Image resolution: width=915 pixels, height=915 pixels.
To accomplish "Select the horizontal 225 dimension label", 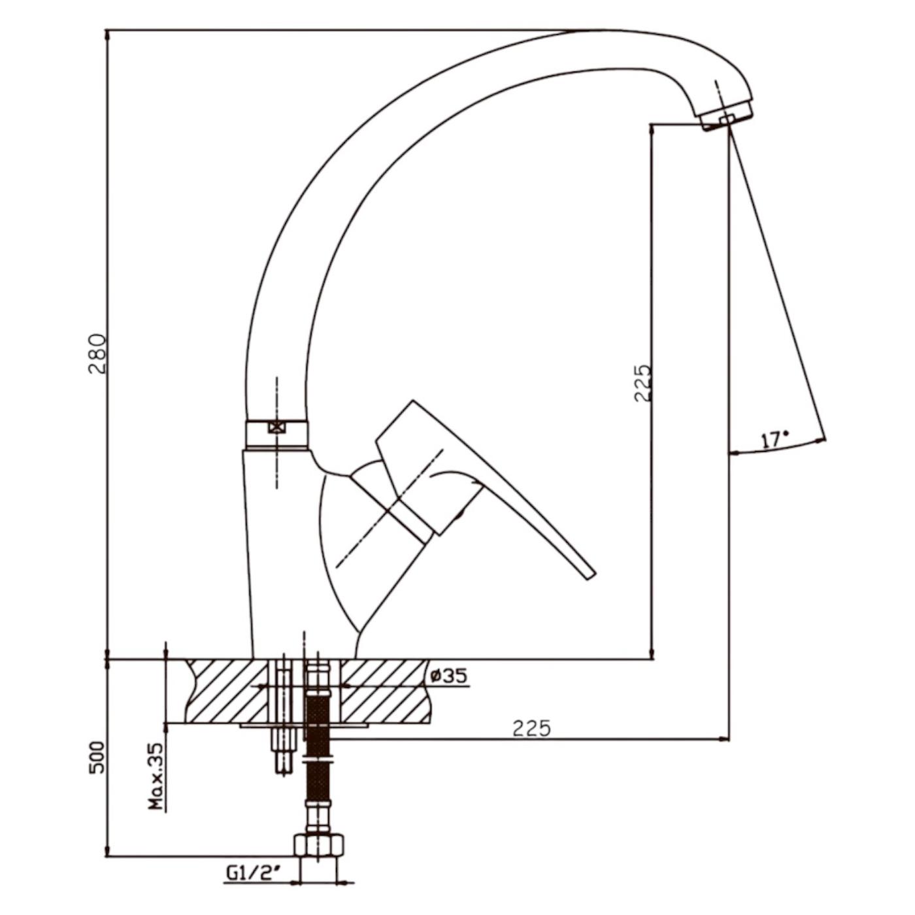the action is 531,728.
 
